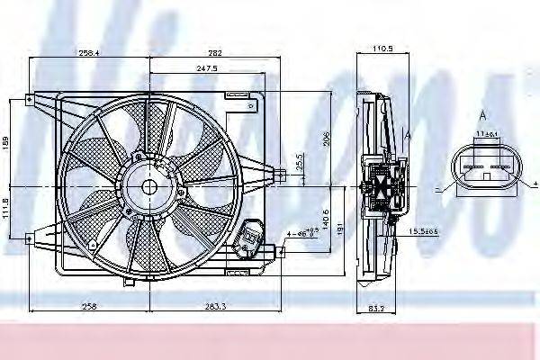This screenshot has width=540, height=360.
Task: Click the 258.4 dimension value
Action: click(x=89, y=52)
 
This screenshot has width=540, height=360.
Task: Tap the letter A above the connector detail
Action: click(x=482, y=115)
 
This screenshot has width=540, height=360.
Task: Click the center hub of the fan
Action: click(x=149, y=186)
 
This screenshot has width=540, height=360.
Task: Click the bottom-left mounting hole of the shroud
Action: click(x=30, y=238)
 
